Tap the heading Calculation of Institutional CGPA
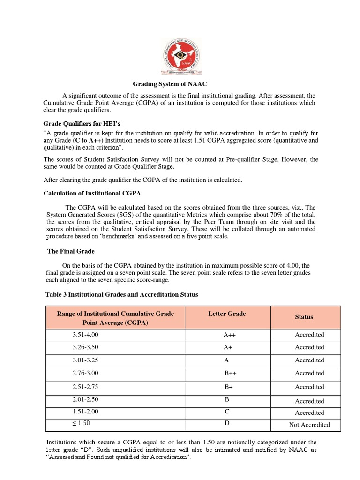(92, 193)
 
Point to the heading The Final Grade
(71, 251)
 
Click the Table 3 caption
(121, 294)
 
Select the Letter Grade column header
(227, 314)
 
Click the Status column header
(304, 317)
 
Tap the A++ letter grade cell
(227, 335)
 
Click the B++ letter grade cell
(227, 373)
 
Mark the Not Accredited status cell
(309, 425)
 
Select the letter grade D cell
(227, 423)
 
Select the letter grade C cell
(227, 411)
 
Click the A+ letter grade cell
(227, 347)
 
